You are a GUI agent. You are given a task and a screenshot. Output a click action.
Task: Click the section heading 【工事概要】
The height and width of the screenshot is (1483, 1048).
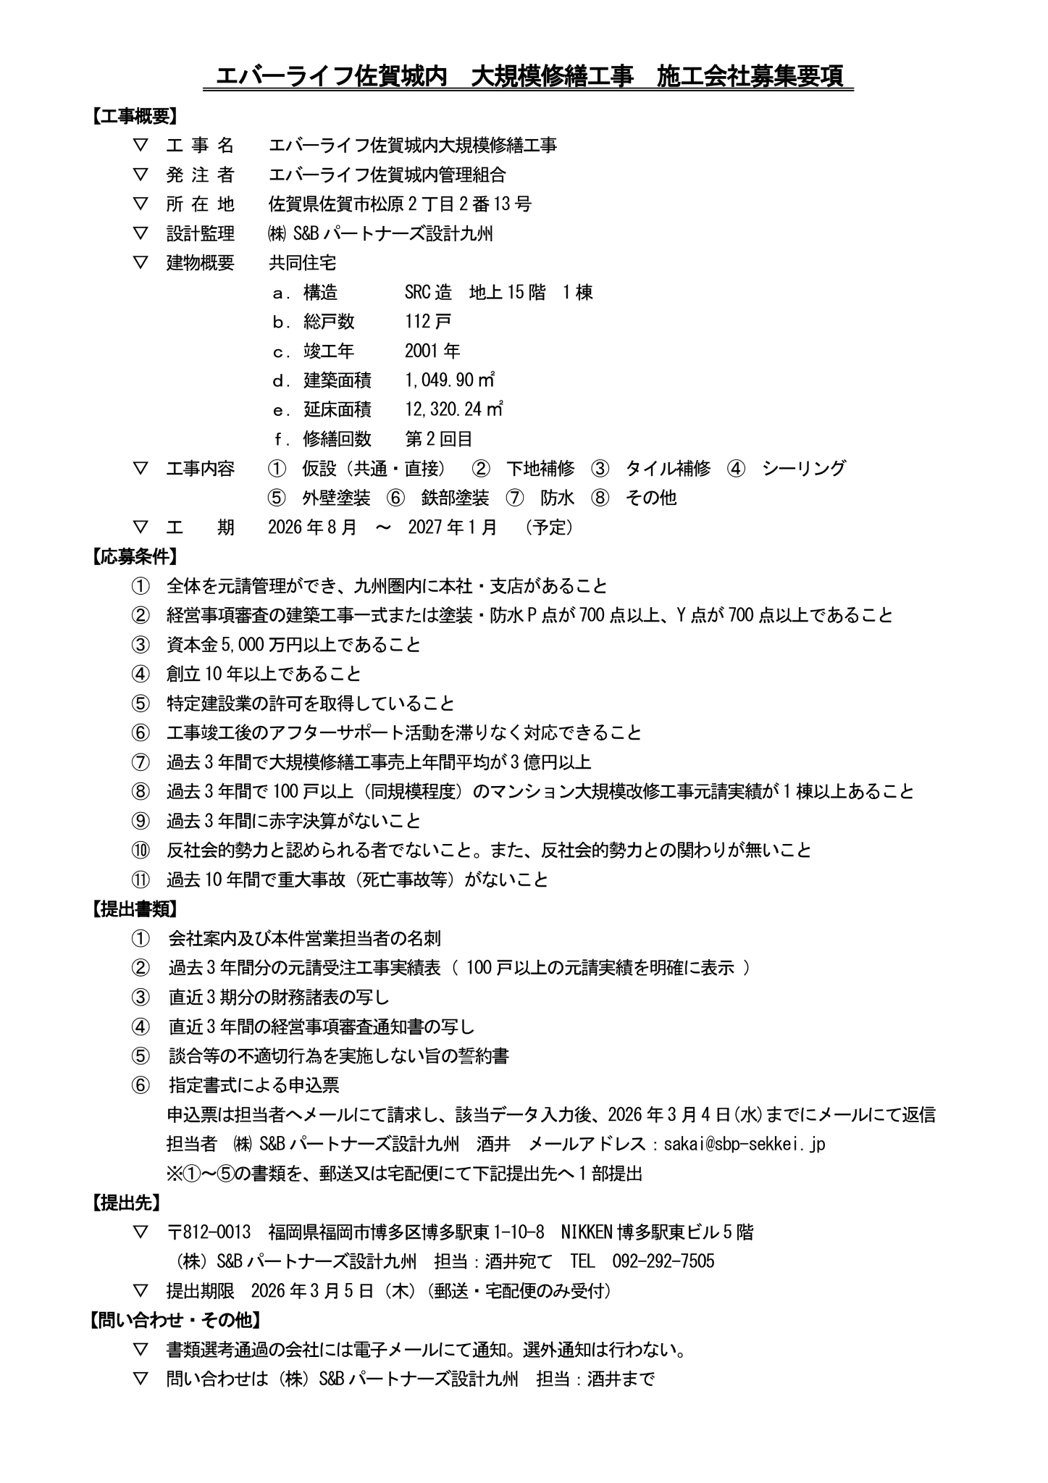tap(133, 116)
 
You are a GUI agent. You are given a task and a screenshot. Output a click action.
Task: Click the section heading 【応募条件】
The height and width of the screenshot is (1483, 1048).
tap(133, 556)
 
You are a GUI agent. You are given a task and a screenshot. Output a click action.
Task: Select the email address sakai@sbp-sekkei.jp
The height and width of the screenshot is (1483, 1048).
tap(745, 1144)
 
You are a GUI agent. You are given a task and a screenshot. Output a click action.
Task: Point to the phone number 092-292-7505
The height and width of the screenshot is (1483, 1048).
tap(663, 1261)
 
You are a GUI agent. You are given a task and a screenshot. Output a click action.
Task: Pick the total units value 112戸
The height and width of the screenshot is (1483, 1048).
tap(428, 321)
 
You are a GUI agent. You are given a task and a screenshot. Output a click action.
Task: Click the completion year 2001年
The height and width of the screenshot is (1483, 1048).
tap(432, 351)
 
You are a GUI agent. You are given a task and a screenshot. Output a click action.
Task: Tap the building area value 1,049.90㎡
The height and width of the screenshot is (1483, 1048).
tap(450, 380)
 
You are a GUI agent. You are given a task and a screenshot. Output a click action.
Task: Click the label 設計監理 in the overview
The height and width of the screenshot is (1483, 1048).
tap(201, 233)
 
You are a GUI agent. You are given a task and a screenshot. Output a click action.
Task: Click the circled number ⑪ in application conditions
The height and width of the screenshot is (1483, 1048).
tap(140, 880)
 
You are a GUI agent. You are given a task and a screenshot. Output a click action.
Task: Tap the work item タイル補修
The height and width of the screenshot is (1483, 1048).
tap(668, 468)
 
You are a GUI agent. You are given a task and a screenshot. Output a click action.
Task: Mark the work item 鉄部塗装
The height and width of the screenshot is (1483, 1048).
tap(455, 498)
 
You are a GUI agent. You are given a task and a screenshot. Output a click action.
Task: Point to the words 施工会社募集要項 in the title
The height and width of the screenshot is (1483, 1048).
tap(750, 76)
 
